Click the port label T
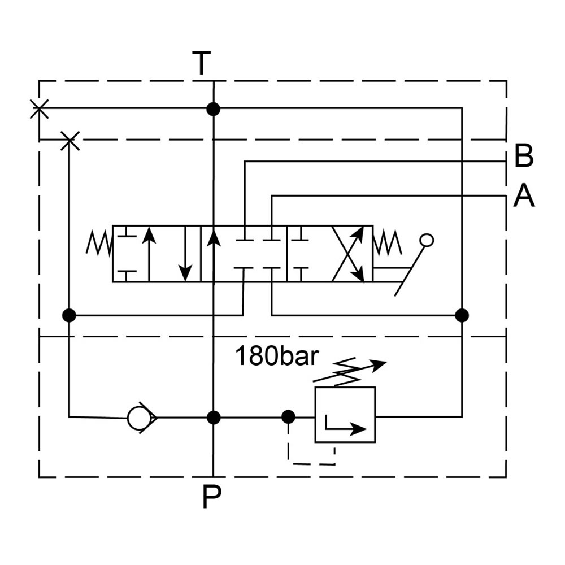click(x=202, y=63)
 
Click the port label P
click(x=211, y=498)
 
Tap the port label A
click(x=524, y=197)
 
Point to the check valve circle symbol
click(x=139, y=418)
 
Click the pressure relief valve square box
click(x=345, y=415)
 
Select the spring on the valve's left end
click(x=99, y=243)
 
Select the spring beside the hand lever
click(x=388, y=243)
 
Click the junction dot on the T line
click(x=213, y=109)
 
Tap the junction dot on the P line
click(x=214, y=418)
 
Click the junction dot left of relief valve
click(x=288, y=417)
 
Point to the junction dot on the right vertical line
click(x=462, y=315)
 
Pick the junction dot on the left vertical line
click(x=69, y=315)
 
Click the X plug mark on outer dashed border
click(x=39, y=108)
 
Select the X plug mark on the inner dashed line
click(x=69, y=140)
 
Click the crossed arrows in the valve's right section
click(x=348, y=254)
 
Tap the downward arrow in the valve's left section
click(x=184, y=254)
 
